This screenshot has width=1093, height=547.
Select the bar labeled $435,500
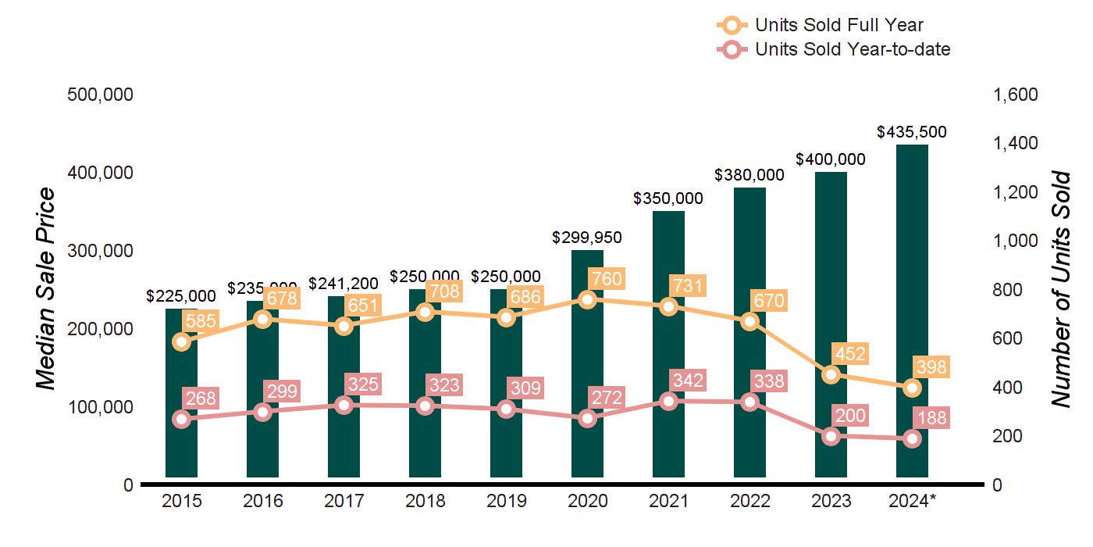coord(912,313)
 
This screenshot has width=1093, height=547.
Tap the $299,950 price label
coord(587,237)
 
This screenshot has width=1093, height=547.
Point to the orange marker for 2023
coord(831,374)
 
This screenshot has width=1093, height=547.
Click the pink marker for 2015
coord(182,419)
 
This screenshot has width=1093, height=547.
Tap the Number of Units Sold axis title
coord(1060,289)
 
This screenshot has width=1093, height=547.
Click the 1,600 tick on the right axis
coord(1015,95)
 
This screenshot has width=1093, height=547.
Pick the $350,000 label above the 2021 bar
coord(668,198)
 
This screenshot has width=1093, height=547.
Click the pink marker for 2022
coord(749,402)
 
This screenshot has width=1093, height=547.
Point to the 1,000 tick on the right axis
coord(1015,241)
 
